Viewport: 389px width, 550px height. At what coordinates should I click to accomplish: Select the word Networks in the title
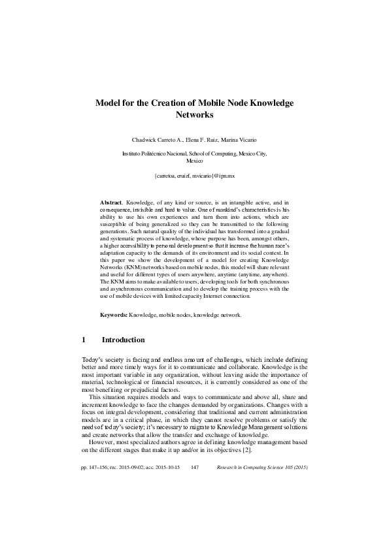195,115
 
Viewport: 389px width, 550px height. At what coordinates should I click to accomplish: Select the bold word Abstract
111,203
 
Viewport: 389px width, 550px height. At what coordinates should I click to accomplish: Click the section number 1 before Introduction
84,340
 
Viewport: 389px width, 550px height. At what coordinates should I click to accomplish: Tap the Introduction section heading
124,340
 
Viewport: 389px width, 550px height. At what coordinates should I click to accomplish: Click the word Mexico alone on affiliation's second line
195,160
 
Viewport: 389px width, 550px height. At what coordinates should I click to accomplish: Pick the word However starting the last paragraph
101,444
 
